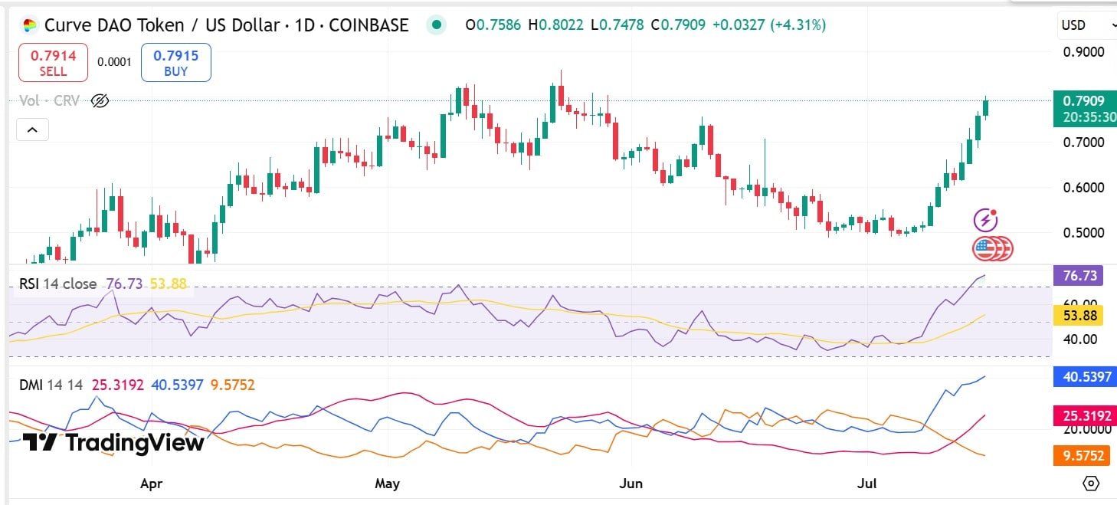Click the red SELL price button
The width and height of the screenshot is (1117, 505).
tap(53, 62)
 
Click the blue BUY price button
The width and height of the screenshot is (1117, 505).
tap(175, 62)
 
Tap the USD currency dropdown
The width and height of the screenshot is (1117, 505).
tap(1086, 25)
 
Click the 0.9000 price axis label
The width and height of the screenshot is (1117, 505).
tap(1083, 52)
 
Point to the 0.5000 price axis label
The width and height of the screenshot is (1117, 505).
tap(1083, 232)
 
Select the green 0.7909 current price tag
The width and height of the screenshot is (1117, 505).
tap(1084, 109)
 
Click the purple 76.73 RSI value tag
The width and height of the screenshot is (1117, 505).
tap(1079, 275)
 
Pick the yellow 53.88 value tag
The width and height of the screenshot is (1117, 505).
tap(1079, 315)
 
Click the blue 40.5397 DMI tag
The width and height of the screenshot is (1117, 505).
tap(1083, 376)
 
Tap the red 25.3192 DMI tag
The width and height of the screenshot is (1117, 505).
tap(1083, 415)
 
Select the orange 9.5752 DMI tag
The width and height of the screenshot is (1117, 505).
tap(1083, 455)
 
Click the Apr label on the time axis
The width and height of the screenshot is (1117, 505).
tap(152, 484)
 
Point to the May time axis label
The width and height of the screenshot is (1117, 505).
tap(388, 484)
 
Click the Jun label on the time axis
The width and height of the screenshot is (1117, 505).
tap(631, 484)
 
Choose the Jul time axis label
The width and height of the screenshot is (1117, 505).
tap(868, 484)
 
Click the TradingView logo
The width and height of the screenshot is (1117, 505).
tap(113, 443)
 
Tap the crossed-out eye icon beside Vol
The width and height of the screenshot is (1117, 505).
tap(100, 100)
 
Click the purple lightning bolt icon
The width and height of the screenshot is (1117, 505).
tap(985, 221)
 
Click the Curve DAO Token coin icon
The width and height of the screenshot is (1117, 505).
tap(29, 25)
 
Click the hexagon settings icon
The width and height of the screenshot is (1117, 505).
tap(1091, 484)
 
